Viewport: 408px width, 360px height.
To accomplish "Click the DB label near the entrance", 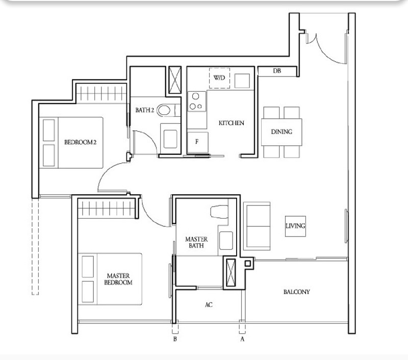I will [x=277, y=71].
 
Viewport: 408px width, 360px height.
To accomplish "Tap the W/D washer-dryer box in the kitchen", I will [x=219, y=79].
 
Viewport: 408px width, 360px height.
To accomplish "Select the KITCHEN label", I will [x=231, y=123].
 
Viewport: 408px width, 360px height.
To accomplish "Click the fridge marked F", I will [x=197, y=141].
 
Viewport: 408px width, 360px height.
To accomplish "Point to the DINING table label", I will [x=282, y=132].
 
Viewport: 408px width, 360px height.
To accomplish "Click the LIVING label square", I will [x=295, y=226].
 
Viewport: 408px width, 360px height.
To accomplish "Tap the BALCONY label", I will [x=296, y=292].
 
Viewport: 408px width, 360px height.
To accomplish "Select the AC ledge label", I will [x=209, y=304].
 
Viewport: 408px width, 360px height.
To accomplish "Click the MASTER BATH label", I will [x=195, y=242].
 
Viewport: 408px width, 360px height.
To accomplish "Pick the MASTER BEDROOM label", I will [x=118, y=278].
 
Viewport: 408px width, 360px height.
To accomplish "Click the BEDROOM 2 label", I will [x=80, y=142].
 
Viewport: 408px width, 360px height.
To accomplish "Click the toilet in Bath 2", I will [x=166, y=110].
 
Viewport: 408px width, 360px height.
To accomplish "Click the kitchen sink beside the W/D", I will [x=242, y=80].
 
